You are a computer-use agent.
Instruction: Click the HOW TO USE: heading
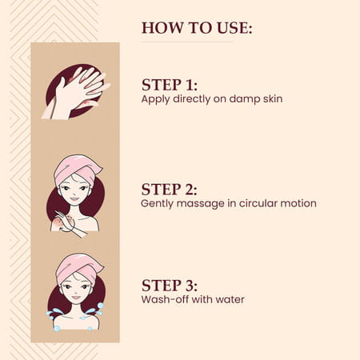197,28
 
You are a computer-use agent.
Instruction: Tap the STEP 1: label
170,85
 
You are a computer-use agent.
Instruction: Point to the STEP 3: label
170,285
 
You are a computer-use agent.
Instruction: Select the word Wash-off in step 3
163,300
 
